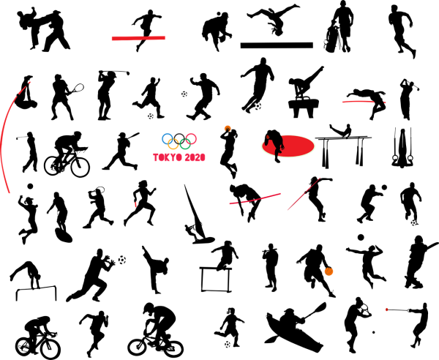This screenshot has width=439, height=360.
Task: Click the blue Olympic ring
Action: coord(167,137)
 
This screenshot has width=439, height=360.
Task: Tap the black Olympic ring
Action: coord(179,137)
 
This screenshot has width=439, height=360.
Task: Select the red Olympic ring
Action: coord(191,138)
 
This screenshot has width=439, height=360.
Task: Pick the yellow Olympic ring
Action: coord(173,144)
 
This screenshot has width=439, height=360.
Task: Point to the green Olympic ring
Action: coord(185,144)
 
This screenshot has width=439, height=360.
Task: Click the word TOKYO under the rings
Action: coord(167,157)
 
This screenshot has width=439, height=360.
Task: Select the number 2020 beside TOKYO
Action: coord(195,157)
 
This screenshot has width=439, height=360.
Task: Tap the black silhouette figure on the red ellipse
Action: coord(275,144)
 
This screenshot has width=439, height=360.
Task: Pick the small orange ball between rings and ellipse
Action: coord(228,128)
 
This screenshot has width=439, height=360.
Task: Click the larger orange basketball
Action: coord(329,271)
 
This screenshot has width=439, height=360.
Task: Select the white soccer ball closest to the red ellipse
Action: coord(258,106)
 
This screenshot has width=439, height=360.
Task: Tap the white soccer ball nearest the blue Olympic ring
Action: coord(151,116)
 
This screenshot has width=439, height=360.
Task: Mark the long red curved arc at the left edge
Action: coord(4,143)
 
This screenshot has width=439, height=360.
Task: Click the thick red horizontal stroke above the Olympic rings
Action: coord(138,38)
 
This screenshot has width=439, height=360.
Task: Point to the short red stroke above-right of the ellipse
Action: coord(358,101)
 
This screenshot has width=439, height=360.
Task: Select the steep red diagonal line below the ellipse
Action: coord(302,195)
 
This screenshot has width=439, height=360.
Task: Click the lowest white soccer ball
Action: coord(228,344)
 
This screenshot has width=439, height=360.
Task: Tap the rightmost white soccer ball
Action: coord(413,223)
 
